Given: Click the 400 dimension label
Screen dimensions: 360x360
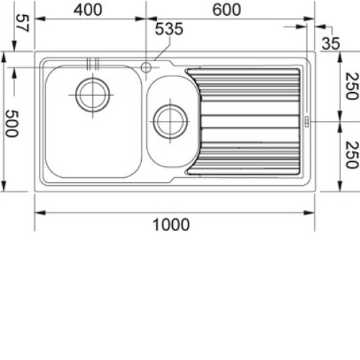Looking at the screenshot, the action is [88, 10].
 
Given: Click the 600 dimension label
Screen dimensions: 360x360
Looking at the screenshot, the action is [227, 10].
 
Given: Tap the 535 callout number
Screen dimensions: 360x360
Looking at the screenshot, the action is [169, 29].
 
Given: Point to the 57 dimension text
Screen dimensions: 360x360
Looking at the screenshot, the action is [23, 23].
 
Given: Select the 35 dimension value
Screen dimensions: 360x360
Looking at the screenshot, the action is [330, 44].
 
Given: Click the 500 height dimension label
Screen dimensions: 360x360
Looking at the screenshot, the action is [12, 123].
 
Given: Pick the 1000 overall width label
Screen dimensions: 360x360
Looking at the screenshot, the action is [171, 225].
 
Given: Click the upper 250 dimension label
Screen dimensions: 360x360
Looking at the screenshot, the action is [352, 86].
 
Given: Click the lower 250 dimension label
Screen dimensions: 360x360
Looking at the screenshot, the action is [352, 155].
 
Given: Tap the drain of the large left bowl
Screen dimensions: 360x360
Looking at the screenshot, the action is [93, 95].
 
